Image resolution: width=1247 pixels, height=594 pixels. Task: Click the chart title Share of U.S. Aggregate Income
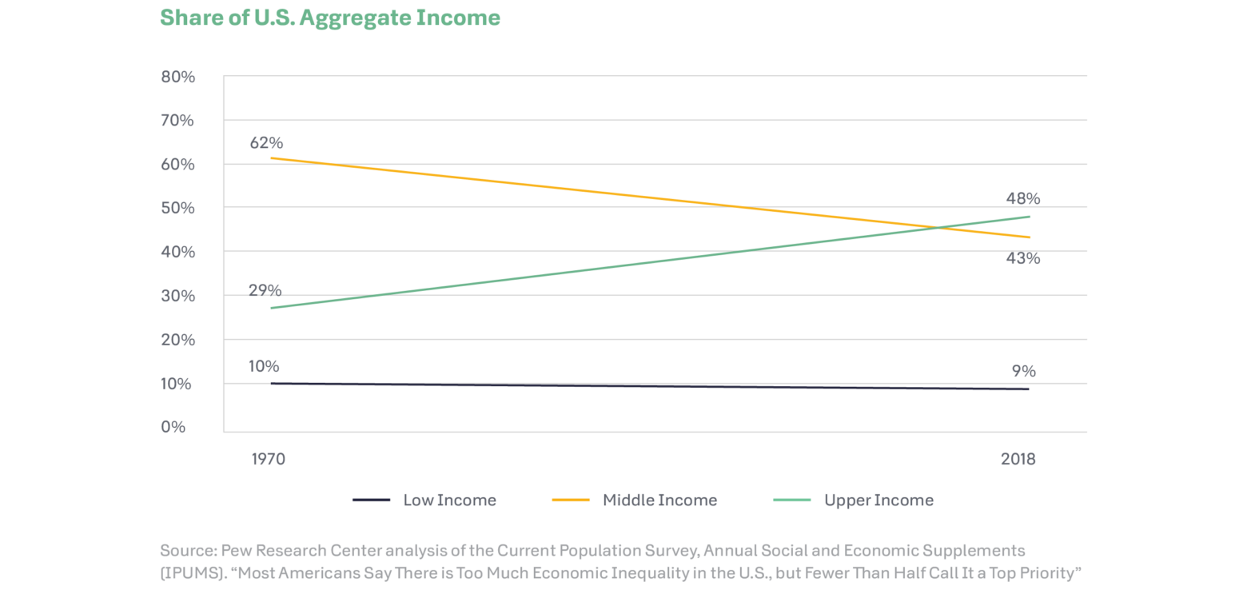tap(330, 18)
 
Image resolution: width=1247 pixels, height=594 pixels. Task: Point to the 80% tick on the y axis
tap(179, 78)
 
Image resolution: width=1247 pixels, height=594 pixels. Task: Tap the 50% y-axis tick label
tap(179, 208)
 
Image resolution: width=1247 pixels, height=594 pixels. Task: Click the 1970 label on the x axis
tap(268, 460)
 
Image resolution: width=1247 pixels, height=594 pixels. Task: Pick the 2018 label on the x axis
tap(1018, 460)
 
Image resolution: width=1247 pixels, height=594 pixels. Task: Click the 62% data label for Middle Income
tap(265, 143)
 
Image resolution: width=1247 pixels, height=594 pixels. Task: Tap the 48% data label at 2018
tap(1023, 198)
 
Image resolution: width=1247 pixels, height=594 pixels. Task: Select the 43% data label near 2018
tap(1022, 258)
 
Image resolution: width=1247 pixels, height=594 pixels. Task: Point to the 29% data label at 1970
tap(265, 290)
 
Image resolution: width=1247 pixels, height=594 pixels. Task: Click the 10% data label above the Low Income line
tap(263, 366)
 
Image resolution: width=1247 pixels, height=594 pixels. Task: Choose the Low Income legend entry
tap(449, 500)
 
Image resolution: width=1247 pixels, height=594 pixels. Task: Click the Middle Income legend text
tap(659, 500)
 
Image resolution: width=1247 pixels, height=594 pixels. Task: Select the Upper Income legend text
tap(878, 500)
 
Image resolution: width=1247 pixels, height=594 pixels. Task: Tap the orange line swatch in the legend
tap(571, 500)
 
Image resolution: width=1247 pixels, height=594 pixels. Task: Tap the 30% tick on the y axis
tap(179, 296)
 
